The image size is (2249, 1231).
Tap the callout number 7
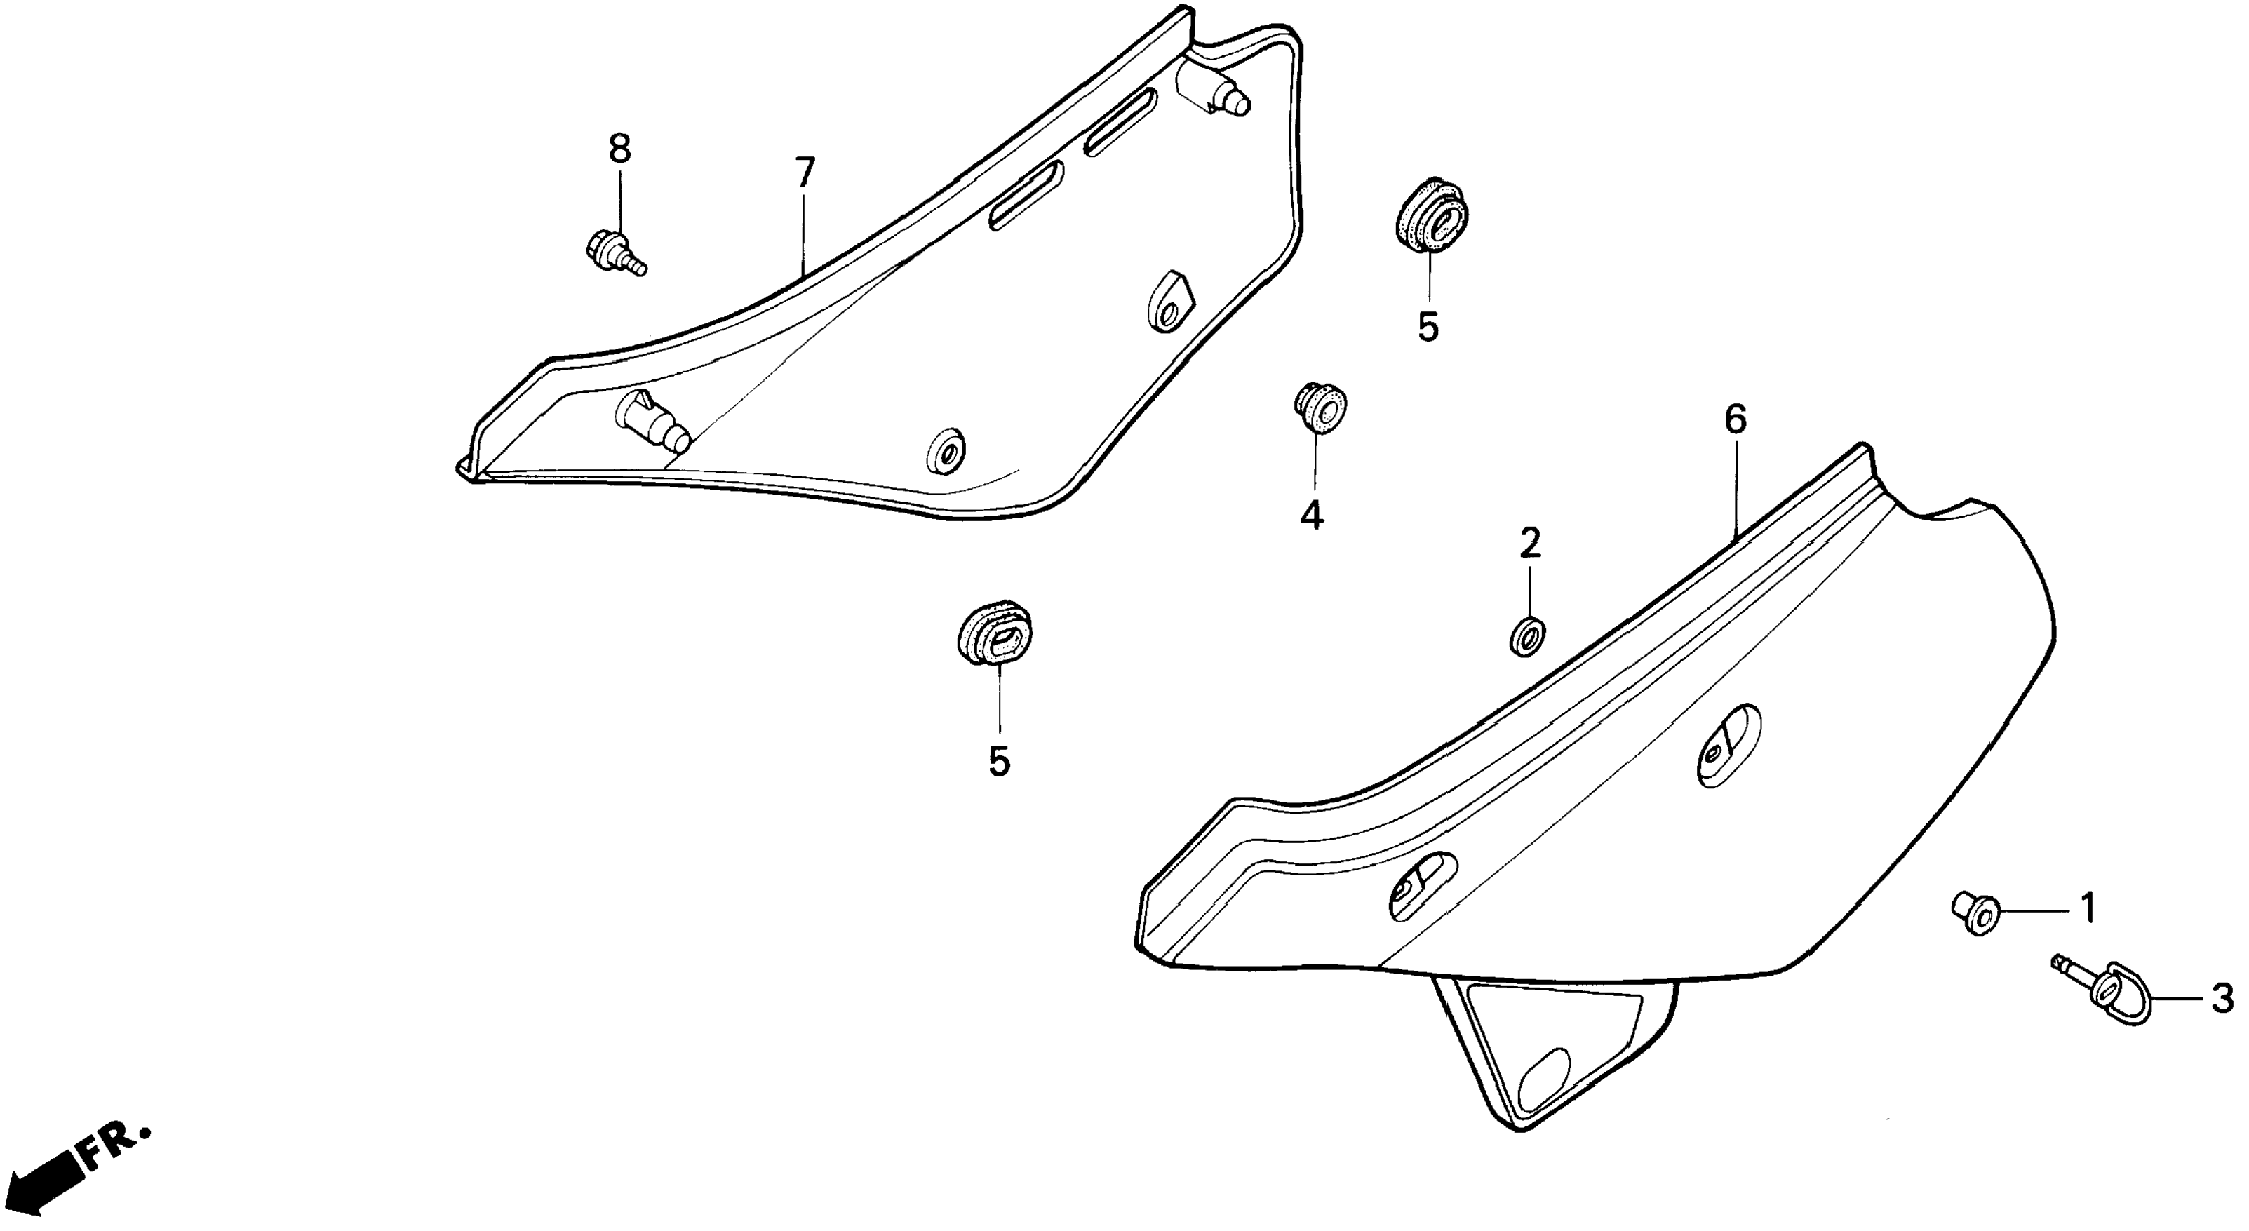(x=804, y=173)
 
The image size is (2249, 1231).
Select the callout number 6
(x=1736, y=421)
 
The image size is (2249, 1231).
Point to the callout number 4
(x=1311, y=517)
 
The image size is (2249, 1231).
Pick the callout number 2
(x=1529, y=544)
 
